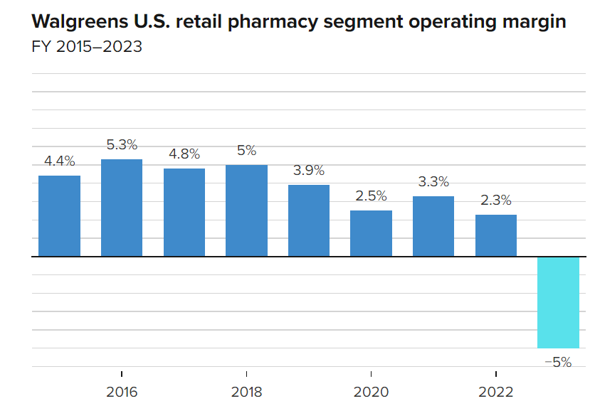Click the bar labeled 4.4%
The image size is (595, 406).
59,215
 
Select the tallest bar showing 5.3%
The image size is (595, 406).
122,208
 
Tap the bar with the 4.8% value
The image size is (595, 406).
184,212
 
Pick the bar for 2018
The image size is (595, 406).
246,210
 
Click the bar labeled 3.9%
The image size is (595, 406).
309,220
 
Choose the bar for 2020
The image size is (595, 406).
371,233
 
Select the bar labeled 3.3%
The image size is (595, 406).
433,226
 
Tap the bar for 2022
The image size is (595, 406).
496,235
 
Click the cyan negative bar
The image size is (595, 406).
558,302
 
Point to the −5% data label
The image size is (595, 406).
558,362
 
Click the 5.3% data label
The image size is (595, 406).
122,144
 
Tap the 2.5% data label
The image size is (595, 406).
371,196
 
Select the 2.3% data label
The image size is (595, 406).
496,200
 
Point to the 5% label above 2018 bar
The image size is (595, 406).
246,150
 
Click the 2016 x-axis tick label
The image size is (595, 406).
122,392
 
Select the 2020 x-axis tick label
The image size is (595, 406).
371,392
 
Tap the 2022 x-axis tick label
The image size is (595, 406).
496,392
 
